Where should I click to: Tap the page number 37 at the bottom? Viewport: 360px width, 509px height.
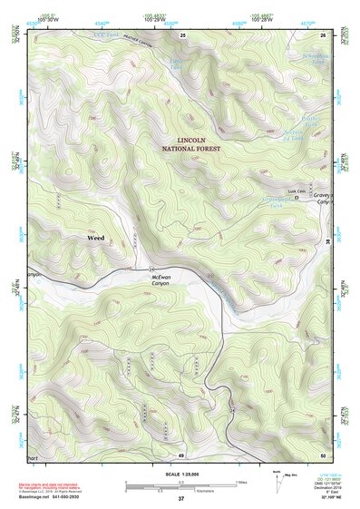[x=181, y=499]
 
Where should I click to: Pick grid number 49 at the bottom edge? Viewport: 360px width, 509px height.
[x=181, y=455]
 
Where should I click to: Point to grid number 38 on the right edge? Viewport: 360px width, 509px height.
[x=327, y=241]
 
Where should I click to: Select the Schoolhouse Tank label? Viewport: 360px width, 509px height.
[x=313, y=57]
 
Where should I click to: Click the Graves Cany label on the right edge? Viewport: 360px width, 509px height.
[x=322, y=200]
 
